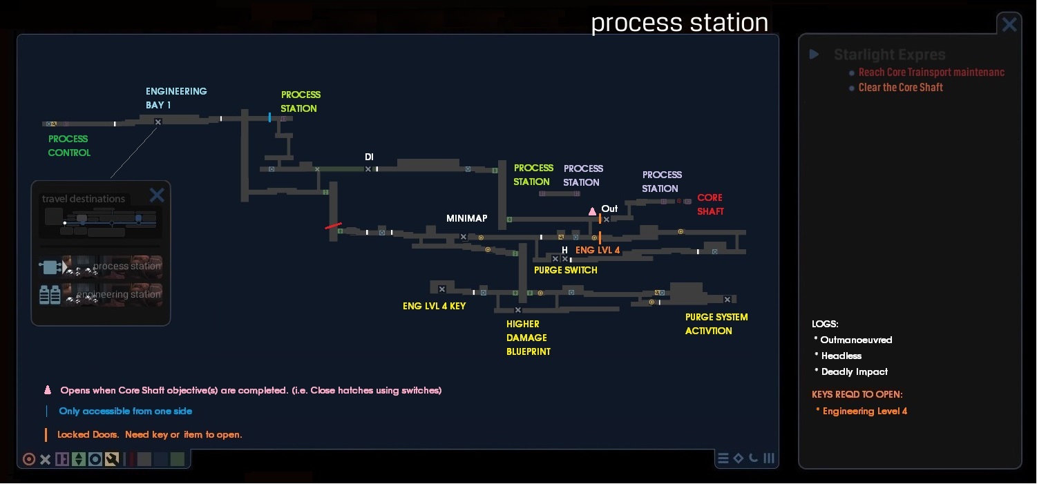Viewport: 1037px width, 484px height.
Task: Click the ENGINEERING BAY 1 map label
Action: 176,98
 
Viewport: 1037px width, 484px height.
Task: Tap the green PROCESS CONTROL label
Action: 68,146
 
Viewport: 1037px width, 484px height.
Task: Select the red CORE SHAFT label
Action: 710,204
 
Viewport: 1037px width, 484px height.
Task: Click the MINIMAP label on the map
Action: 466,218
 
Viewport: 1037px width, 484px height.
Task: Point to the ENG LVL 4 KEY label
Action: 434,306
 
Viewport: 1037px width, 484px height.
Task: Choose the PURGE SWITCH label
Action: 565,270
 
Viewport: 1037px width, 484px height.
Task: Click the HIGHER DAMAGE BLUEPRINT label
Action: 528,338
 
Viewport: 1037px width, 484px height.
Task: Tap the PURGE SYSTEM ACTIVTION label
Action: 716,324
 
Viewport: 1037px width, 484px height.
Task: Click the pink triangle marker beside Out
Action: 592,211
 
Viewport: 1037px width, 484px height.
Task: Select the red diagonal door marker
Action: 333,226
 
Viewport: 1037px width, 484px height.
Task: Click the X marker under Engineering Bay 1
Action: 158,122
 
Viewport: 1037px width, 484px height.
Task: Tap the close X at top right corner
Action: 1009,25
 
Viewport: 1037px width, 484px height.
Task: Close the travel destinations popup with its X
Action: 157,195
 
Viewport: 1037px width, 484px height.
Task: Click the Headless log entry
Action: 841,356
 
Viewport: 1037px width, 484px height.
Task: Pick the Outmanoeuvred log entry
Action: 856,340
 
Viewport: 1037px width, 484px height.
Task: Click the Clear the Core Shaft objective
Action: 900,88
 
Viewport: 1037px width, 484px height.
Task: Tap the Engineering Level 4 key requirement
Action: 864,411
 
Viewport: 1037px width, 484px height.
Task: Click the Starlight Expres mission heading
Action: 889,55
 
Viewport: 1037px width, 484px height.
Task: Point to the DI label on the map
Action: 369,157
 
